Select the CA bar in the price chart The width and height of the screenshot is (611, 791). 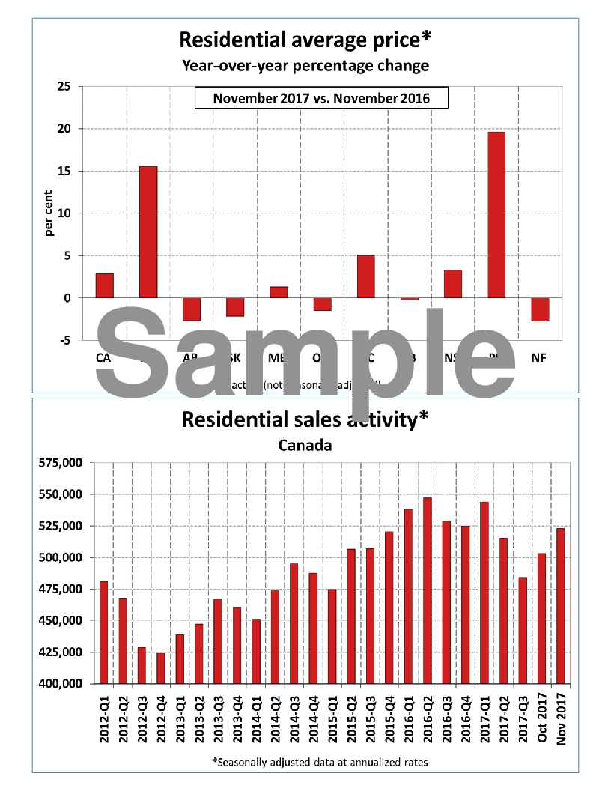click(105, 286)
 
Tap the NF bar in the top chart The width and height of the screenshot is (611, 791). click(540, 309)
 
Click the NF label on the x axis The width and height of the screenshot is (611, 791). click(539, 357)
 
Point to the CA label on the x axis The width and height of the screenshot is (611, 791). click(103, 357)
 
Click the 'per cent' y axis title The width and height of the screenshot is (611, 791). click(49, 213)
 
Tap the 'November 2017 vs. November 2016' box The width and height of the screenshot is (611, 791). click(321, 98)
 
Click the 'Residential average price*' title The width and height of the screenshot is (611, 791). click(305, 39)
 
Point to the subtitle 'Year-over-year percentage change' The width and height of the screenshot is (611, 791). click(305, 65)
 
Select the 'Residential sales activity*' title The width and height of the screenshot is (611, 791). click(305, 419)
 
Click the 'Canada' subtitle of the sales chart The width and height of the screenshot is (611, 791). click(305, 445)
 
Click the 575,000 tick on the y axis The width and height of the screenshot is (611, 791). click(61, 463)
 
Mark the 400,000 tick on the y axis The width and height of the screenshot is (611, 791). click(61, 684)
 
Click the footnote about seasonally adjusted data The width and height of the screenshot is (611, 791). click(320, 762)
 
